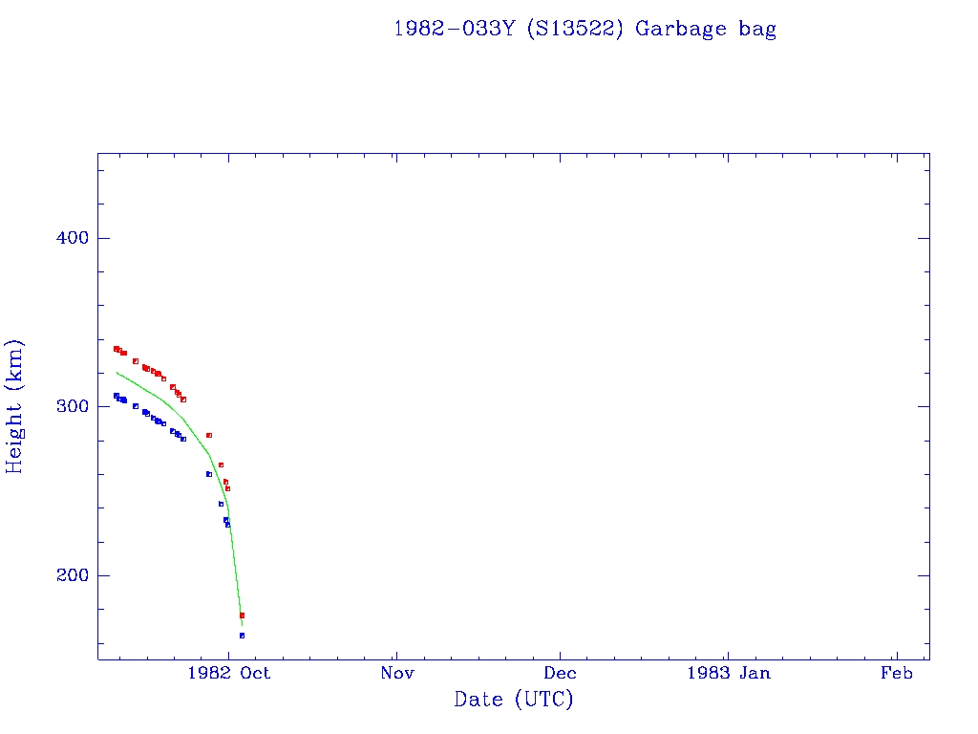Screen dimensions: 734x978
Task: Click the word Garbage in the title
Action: (681, 29)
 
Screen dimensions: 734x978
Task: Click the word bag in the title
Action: (757, 29)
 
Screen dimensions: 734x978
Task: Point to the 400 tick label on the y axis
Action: (69, 238)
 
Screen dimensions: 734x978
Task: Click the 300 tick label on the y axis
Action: (69, 406)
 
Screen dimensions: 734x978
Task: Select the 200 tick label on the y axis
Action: (69, 575)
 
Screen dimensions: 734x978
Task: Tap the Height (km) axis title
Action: (14, 406)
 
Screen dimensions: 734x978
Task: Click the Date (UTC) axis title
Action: (514, 700)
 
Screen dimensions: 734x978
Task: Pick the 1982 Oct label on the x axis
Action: (229, 674)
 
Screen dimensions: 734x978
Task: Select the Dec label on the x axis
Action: (561, 674)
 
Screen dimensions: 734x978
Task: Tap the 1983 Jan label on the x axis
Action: (730, 674)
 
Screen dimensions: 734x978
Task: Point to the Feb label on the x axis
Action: (897, 674)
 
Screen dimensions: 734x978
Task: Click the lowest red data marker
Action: (242, 615)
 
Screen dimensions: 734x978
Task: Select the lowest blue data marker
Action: (242, 635)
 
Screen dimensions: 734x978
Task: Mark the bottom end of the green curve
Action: (242, 624)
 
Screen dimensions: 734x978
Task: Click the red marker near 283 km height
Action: (208, 435)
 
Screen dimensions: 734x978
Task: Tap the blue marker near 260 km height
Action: (208, 474)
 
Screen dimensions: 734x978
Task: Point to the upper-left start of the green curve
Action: (117, 373)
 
